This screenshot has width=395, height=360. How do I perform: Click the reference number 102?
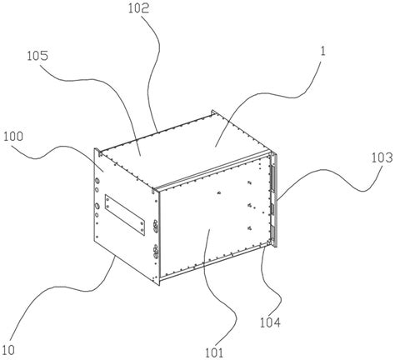(138, 8)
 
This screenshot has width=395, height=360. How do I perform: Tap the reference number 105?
(37, 56)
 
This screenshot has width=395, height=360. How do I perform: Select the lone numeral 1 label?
(322, 51)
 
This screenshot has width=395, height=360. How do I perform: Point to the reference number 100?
(13, 137)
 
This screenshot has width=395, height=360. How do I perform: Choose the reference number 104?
(270, 322)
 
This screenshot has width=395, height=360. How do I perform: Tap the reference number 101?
(214, 352)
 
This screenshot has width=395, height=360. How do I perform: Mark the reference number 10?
(8, 350)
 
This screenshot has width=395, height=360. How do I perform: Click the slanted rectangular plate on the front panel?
(125, 215)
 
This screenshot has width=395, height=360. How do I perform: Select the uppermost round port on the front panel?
(97, 181)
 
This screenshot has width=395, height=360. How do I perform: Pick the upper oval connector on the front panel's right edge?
(155, 226)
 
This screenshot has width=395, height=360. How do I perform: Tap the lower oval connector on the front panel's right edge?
(155, 251)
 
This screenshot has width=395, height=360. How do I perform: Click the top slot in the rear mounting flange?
(272, 178)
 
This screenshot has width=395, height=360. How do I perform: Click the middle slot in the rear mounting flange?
(272, 209)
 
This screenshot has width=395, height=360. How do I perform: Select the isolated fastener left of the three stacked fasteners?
(219, 193)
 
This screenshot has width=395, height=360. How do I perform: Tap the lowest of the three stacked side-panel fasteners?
(249, 228)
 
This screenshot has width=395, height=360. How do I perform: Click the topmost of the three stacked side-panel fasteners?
(249, 182)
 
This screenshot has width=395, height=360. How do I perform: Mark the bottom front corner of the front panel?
(158, 286)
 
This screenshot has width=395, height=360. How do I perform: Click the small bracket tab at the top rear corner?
(214, 112)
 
